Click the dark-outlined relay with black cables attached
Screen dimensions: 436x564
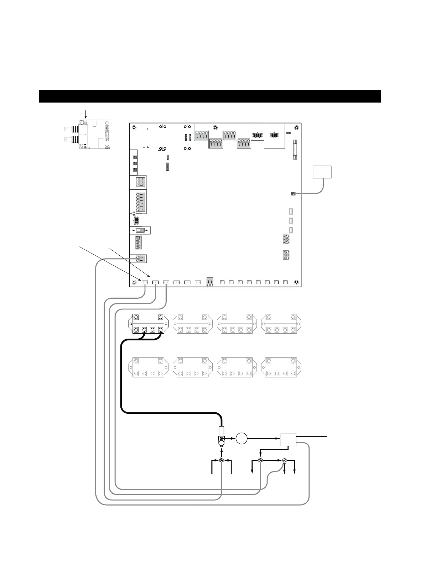coord(148,323)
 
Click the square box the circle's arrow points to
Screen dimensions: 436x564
coord(289,439)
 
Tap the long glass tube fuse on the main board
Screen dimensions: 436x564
coord(295,150)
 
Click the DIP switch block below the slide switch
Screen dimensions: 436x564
coord(139,242)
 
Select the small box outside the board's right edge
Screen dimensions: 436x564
coord(322,172)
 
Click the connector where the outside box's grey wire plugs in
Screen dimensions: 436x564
coord(293,194)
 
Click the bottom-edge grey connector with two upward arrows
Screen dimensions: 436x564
coord(210,283)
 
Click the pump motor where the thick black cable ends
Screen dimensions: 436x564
coord(221,440)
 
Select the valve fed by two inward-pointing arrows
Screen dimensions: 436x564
coord(222,460)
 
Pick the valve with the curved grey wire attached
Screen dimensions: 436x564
coord(284,461)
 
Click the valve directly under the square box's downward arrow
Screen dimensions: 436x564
coord(260,461)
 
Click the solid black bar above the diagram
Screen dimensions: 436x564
coord(210,96)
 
